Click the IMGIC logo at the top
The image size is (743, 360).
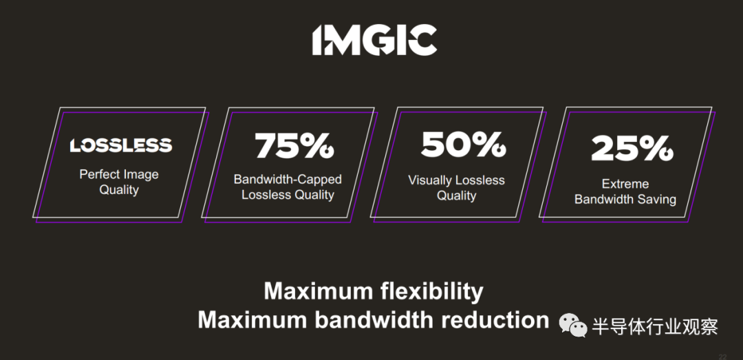pos(374,40)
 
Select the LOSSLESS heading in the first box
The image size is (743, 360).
pos(121,146)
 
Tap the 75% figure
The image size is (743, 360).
pos(294,145)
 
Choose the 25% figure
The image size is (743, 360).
pos(632,149)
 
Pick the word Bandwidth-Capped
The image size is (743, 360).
pos(288,179)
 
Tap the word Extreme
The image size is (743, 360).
pos(625,184)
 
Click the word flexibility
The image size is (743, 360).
pos(431,292)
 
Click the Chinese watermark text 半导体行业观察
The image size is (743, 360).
pos(656,327)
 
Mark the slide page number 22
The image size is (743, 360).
pos(722,356)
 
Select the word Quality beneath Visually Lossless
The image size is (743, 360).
pos(456,195)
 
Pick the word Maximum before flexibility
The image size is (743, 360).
pos(319,292)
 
